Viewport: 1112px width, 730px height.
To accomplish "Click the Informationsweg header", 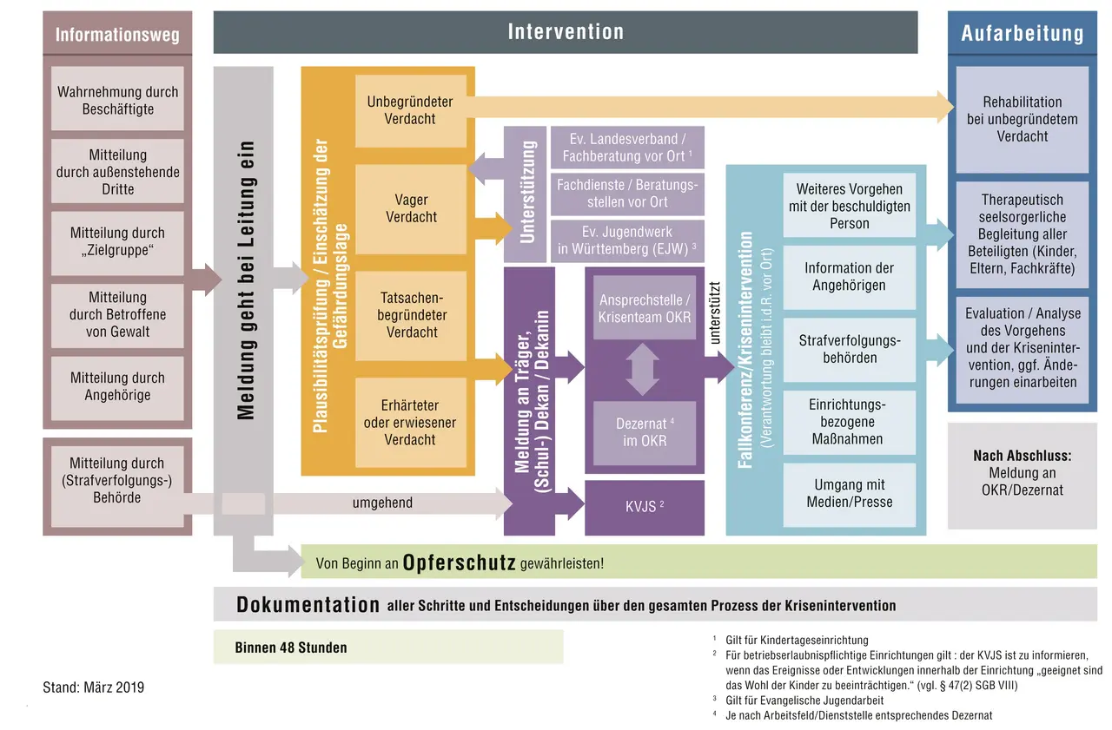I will pyautogui.click(x=117, y=35).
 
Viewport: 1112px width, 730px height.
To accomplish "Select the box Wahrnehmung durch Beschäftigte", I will pyautogui.click(x=117, y=100).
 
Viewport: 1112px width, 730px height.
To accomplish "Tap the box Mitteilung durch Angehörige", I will pyautogui.click(x=117, y=386).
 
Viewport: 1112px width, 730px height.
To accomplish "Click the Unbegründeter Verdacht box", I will pyautogui.click(x=410, y=110).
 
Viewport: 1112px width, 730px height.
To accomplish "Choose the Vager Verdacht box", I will pyautogui.click(x=410, y=208).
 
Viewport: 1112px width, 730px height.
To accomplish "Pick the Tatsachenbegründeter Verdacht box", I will pyautogui.click(x=410, y=314).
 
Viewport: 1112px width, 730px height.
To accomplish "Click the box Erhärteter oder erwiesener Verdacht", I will pyautogui.click(x=410, y=423).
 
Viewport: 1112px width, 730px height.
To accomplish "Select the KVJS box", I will pyautogui.click(x=644, y=507).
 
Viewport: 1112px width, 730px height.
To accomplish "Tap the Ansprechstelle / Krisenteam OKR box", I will pyautogui.click(x=645, y=308).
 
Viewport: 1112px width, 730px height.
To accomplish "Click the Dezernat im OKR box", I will pyautogui.click(x=644, y=432).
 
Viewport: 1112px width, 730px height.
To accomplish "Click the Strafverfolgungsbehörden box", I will pyautogui.click(x=850, y=349).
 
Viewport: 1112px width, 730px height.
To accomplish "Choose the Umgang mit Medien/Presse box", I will pyautogui.click(x=850, y=493).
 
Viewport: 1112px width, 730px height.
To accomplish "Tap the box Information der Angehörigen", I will pyautogui.click(x=850, y=276).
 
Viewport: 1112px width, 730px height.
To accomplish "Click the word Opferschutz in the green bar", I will pyautogui.click(x=460, y=562).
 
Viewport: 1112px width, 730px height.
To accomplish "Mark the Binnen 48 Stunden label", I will pyautogui.click(x=291, y=648).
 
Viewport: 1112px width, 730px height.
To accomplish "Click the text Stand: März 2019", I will pyautogui.click(x=94, y=687).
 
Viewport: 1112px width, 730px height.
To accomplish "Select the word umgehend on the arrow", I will pyautogui.click(x=382, y=503).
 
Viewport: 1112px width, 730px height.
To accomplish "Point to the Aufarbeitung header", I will pyautogui.click(x=1022, y=34).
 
